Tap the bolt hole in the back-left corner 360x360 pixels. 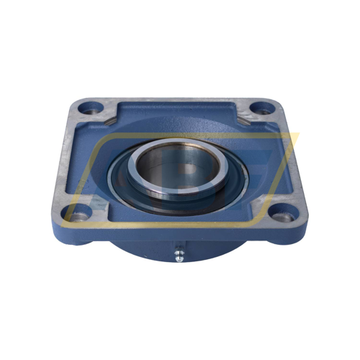[x=89, y=109]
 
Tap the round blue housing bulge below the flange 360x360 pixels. [x=144, y=248]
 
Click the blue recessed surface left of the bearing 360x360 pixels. [x=97, y=166]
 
